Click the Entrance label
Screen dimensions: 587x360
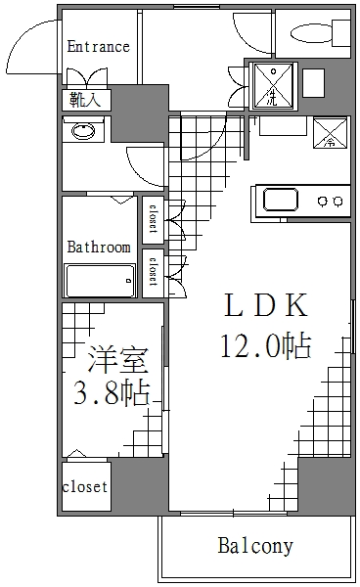click(98, 46)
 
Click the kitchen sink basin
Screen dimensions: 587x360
click(281, 201)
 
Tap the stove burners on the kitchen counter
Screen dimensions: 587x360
click(328, 201)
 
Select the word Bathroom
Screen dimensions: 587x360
click(98, 247)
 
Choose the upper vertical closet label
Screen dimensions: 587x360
click(154, 218)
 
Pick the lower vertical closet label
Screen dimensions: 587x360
click(154, 270)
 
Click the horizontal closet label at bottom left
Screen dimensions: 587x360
click(85, 486)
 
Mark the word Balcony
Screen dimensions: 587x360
click(255, 545)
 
